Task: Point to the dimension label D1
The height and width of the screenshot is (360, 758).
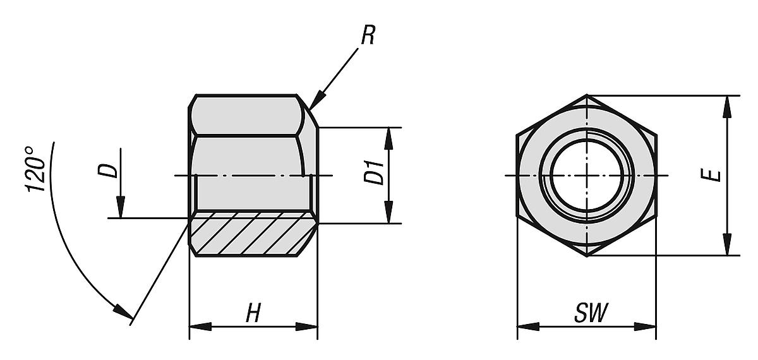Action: coord(375,173)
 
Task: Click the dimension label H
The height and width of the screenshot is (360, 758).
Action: coord(253,314)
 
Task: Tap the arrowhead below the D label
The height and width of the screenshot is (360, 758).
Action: coord(121,208)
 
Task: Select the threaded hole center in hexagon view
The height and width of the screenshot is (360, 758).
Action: coord(587,174)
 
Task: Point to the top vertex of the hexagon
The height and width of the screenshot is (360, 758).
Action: coord(587,95)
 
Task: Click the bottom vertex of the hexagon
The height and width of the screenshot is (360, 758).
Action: coord(587,256)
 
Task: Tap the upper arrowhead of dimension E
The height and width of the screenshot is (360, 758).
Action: coord(728,105)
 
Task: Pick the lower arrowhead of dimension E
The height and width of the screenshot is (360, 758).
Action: coord(728,247)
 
